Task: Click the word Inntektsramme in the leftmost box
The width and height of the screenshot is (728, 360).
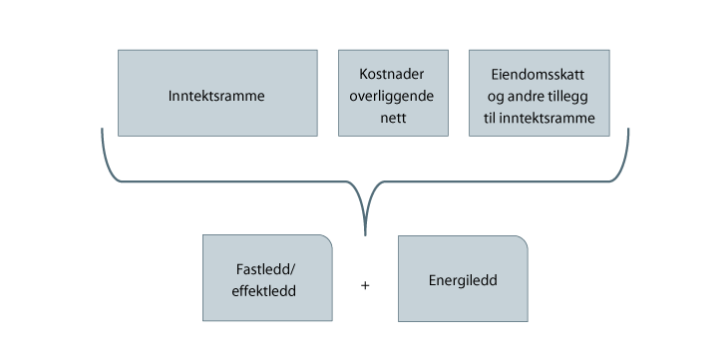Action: click(x=217, y=97)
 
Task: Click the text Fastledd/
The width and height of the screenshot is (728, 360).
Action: click(x=266, y=270)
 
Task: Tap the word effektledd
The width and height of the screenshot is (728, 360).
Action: click(x=266, y=290)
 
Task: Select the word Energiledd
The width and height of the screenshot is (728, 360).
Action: click(x=463, y=280)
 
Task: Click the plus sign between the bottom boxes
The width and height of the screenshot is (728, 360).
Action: click(x=365, y=285)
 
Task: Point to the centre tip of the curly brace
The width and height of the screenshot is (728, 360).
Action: click(x=366, y=233)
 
